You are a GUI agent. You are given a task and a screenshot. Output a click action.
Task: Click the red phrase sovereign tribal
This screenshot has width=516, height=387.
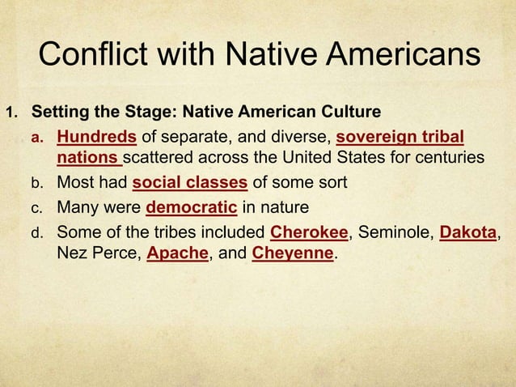tap(400, 134)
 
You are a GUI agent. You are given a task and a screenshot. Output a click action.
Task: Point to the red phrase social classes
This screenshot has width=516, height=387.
tap(189, 183)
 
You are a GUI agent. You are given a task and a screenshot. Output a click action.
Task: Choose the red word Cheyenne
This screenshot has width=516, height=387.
tap(293, 255)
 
